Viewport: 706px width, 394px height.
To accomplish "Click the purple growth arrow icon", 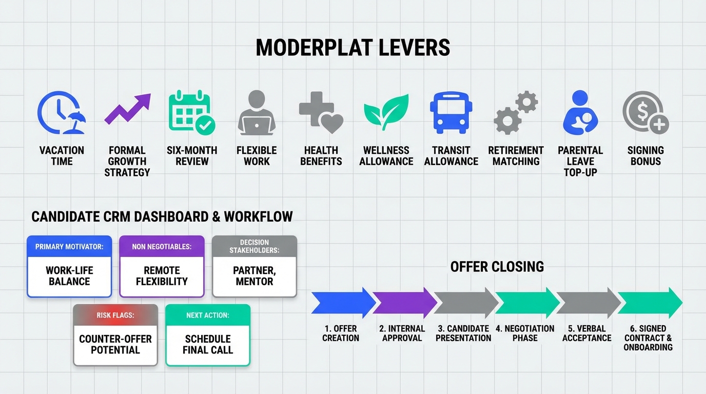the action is [128, 109].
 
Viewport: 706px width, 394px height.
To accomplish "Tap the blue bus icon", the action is [451, 113].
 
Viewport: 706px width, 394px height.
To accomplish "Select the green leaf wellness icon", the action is [386, 112].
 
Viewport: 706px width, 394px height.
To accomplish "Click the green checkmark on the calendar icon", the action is [205, 126].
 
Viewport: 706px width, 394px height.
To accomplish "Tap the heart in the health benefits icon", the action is [330, 123].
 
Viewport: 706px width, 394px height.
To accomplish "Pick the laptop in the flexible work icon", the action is [257, 126].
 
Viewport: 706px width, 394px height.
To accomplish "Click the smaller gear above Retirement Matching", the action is [526, 102].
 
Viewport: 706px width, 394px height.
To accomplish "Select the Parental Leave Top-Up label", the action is [580, 162].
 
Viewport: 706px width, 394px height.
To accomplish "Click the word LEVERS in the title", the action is [414, 48].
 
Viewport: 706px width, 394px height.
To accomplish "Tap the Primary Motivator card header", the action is [69, 246].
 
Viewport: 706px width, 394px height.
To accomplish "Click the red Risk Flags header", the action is [115, 315].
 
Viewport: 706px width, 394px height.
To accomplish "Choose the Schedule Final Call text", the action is [208, 344].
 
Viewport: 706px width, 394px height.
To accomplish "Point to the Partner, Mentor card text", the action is [254, 276].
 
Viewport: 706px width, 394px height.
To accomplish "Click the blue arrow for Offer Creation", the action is [344, 303].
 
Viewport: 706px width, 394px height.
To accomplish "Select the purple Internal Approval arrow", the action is [405, 303].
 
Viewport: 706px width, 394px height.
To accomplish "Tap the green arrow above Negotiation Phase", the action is [527, 303].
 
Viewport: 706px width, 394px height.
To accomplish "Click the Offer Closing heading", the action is [497, 267].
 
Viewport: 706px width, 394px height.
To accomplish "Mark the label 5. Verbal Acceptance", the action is [586, 333].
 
